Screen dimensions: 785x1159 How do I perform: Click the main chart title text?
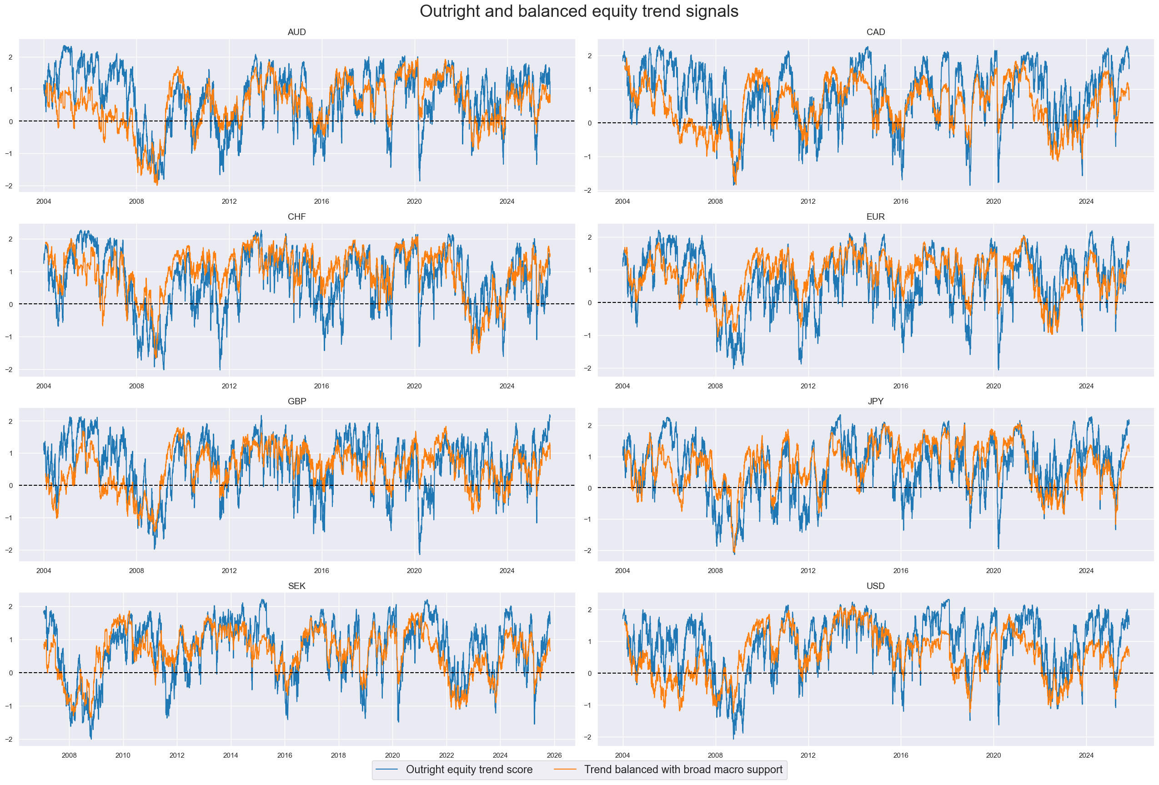coord(578,11)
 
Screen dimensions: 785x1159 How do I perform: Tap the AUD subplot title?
coord(297,32)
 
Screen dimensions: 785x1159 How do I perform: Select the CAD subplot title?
coord(875,32)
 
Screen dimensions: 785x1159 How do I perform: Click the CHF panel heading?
coord(297,216)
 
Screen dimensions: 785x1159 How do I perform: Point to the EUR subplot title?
coord(875,216)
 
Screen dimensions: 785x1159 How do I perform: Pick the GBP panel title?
coord(297,401)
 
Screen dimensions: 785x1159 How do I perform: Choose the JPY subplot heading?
coord(875,401)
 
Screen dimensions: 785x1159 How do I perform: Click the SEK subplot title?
coord(297,585)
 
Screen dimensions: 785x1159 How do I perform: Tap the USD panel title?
coord(875,585)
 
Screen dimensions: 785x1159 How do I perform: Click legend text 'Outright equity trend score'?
coord(469,769)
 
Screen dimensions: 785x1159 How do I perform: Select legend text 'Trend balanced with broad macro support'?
coord(683,769)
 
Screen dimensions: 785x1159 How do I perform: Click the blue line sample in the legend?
coord(386,770)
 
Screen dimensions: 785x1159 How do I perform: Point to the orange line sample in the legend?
coord(565,770)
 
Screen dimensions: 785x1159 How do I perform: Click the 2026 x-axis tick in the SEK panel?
coord(554,755)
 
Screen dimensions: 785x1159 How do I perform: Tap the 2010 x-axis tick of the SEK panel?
coord(123,755)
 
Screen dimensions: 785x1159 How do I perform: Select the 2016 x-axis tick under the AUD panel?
coord(321,201)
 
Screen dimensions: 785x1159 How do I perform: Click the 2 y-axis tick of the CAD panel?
coord(589,56)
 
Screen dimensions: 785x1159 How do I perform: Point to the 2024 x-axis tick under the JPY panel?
coord(1086,570)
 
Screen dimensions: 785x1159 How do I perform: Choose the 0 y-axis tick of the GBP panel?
coord(11,486)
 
